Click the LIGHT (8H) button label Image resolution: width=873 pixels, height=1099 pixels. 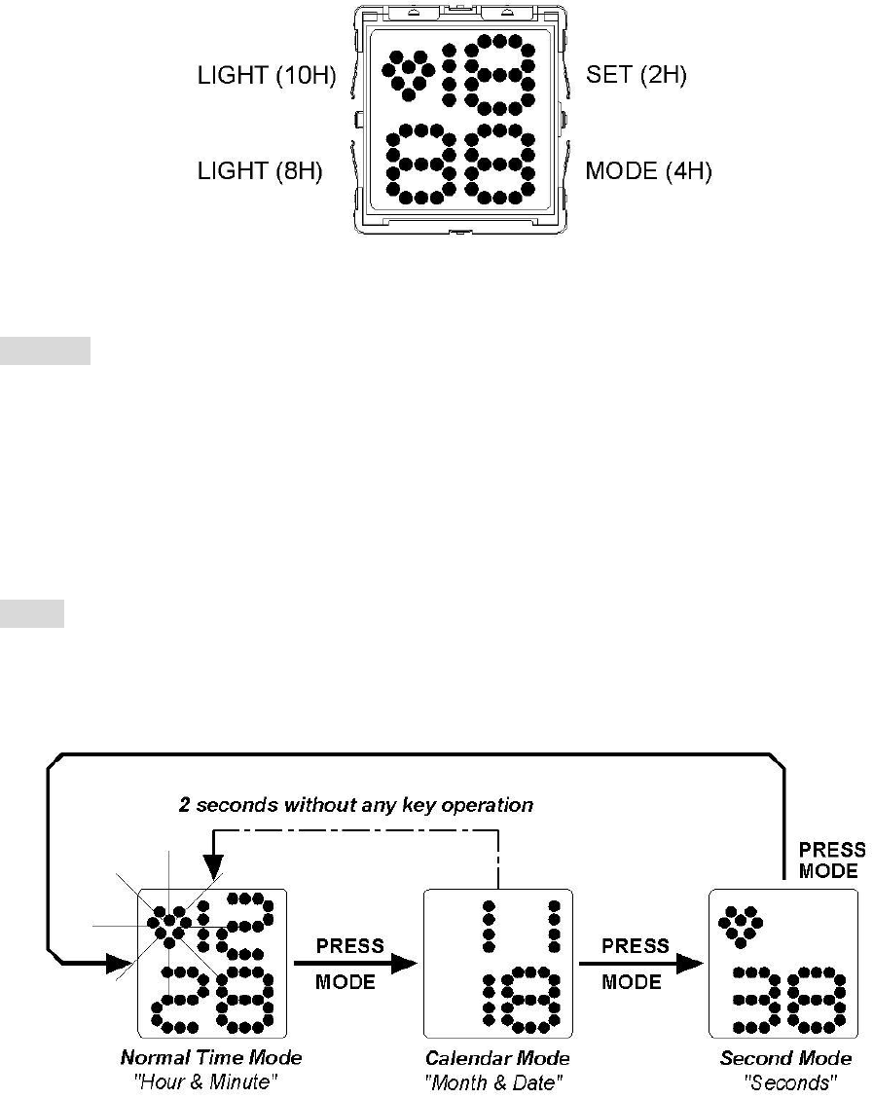(260, 171)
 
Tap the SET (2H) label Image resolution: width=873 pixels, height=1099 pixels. (637, 76)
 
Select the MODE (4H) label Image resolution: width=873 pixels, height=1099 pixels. (648, 171)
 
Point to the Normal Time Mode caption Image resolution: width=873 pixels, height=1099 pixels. (211, 1058)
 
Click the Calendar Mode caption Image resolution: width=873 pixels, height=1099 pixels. (497, 1058)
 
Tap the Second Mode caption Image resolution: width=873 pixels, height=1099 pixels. (785, 1058)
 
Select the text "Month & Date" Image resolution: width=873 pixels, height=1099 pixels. (497, 1079)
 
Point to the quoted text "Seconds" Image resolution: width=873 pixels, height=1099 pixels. (785, 1079)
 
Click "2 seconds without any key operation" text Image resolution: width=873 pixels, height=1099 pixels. (355, 805)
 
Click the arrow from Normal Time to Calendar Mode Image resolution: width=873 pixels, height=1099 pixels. (354, 964)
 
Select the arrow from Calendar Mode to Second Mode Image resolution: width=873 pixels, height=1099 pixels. (640, 964)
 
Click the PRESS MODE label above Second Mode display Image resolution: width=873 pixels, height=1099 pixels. (830, 860)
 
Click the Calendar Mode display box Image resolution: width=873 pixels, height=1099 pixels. (497, 963)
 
